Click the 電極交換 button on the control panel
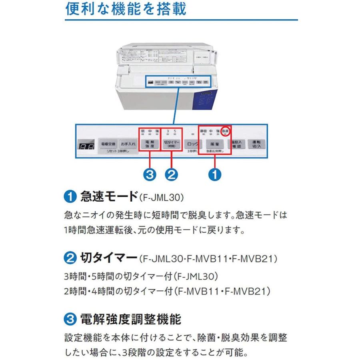click(x=107, y=143)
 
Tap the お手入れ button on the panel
click(x=128, y=143)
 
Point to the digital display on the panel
click(x=87, y=146)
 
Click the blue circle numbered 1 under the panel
click(x=215, y=174)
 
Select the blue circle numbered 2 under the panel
click(x=172, y=174)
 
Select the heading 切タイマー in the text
click(x=109, y=258)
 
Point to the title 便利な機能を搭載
click(x=126, y=9)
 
